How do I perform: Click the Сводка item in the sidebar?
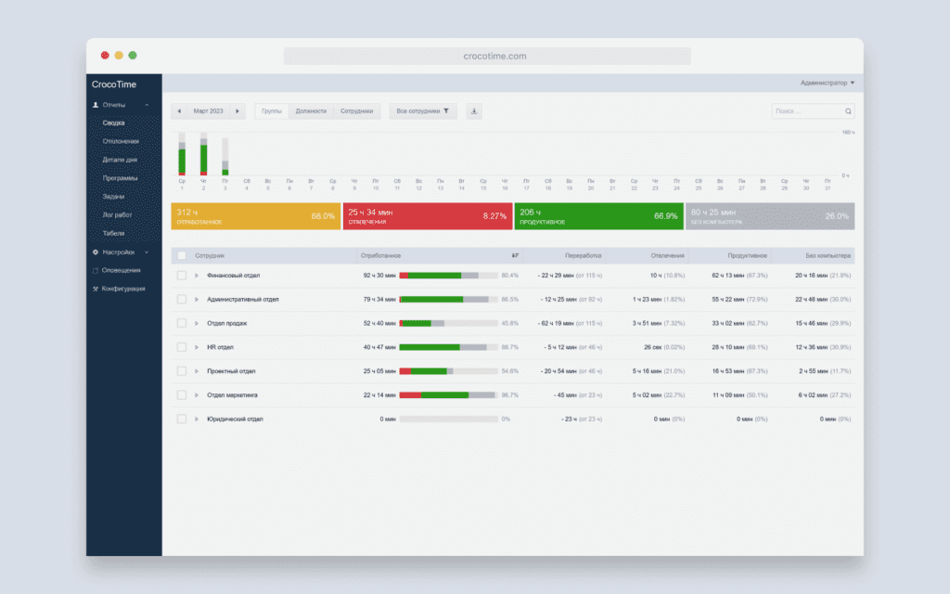pos(114,123)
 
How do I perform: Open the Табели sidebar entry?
pos(113,233)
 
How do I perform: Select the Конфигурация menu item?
pos(123,289)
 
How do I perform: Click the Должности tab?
pos(311,111)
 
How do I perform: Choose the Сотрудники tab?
pos(356,111)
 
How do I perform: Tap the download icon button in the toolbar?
pos(474,111)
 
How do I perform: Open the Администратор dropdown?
pos(828,84)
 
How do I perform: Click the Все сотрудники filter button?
pos(422,111)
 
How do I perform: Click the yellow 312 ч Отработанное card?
pos(256,216)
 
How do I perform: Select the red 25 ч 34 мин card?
pos(427,216)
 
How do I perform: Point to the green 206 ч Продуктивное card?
pos(597,216)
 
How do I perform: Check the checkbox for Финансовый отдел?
pos(182,276)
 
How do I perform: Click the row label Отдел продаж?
pos(226,323)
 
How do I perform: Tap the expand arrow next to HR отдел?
pos(197,347)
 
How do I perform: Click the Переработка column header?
pos(584,255)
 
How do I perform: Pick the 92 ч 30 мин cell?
pos(380,276)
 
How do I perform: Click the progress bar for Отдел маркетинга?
pos(448,394)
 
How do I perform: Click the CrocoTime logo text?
pos(113,84)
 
